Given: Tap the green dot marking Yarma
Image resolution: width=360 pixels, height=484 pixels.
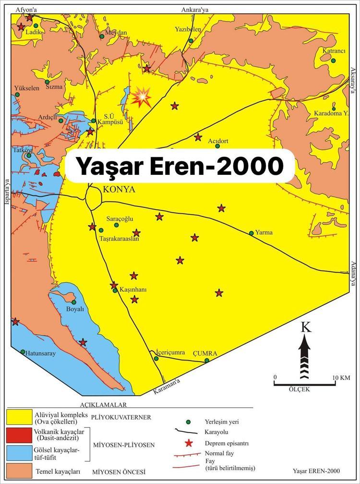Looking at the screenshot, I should tap(252, 233).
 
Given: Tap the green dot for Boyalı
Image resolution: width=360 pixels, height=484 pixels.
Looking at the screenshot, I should tap(73, 302).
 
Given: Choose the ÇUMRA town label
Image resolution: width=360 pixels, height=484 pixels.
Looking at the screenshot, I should tap(205, 353).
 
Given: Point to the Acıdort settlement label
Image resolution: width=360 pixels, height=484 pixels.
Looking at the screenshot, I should tap(218, 142).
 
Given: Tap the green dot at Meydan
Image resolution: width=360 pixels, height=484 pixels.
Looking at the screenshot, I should tap(101, 36).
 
